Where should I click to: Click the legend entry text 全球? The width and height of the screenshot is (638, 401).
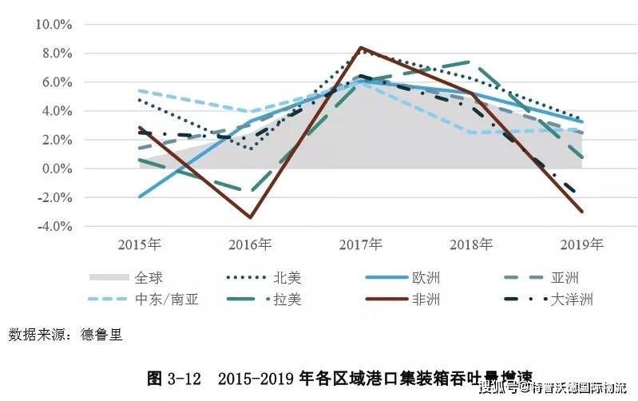tap(149, 278)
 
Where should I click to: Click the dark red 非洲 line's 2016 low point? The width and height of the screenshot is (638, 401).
tap(251, 217)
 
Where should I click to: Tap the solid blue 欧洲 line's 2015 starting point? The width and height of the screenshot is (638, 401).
tap(140, 197)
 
